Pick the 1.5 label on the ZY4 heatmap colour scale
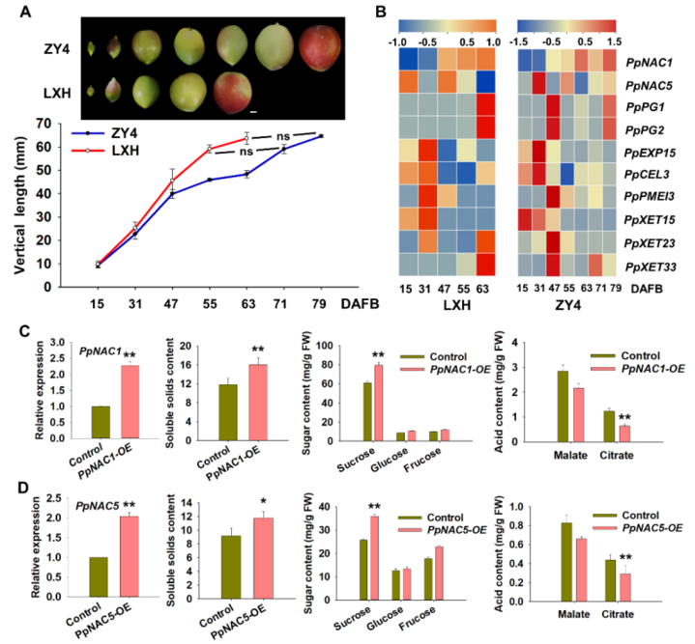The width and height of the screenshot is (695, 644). tap(611, 42)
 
